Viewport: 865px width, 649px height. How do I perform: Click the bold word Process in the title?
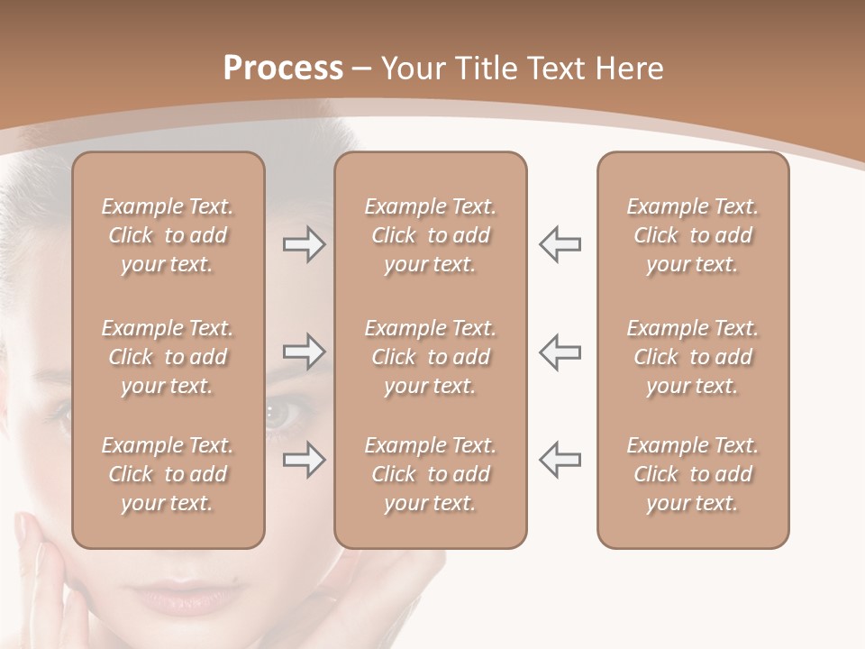point(283,69)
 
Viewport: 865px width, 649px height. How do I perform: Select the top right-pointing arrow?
point(304,244)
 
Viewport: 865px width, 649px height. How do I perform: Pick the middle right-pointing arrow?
point(304,352)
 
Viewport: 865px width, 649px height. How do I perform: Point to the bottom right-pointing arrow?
point(304,460)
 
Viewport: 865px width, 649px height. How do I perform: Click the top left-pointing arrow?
point(560,244)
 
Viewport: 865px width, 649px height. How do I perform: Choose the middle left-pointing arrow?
point(560,352)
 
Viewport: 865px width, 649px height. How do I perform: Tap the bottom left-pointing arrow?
point(560,460)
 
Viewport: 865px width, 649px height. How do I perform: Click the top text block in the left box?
point(168,235)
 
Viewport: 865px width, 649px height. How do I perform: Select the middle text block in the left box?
point(168,357)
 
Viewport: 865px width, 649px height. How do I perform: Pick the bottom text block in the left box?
point(168,474)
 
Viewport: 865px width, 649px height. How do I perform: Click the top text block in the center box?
point(430,235)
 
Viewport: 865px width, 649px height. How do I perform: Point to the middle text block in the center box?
point(430,357)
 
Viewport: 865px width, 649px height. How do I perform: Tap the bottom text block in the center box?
point(430,474)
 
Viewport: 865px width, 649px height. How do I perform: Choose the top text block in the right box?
point(693,235)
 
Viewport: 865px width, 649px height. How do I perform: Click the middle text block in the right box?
point(693,357)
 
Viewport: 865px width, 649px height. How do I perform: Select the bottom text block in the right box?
point(693,474)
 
